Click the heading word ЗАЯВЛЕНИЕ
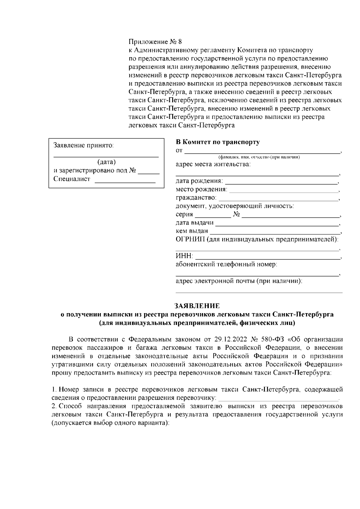[x=197, y=306]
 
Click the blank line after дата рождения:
[x=281, y=182]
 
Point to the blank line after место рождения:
[x=283, y=191]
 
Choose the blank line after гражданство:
[x=278, y=199]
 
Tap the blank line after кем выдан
[x=274, y=232]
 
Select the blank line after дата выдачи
[x=277, y=224]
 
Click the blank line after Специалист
[x=125, y=181]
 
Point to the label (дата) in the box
[x=106, y=162]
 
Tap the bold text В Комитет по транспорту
[x=217, y=142]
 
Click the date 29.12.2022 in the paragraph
[x=229, y=340]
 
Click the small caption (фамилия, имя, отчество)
[x=259, y=157]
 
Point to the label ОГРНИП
[x=189, y=239]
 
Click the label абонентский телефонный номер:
[x=226, y=265]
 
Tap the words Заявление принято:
[x=83, y=146]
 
